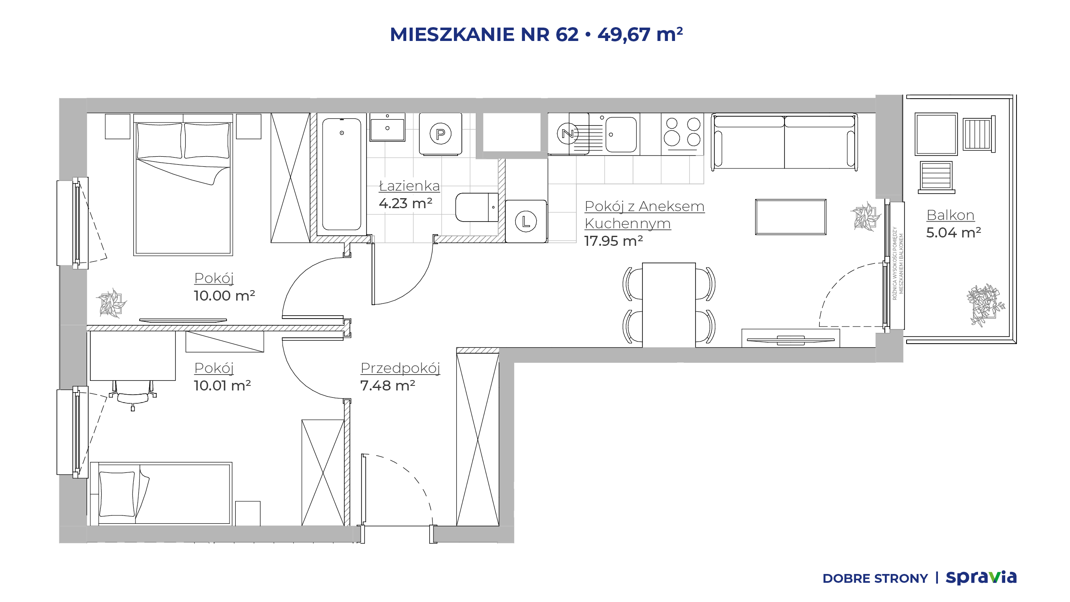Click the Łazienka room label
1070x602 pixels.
pos(409,186)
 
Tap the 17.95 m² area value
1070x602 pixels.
pos(613,241)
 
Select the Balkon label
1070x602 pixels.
pos(950,215)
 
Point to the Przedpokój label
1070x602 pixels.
pos(400,368)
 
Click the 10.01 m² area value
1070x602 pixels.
pos(222,385)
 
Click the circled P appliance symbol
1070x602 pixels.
pos(441,134)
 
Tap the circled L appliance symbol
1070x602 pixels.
pos(526,222)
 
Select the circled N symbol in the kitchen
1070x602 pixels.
pos(568,134)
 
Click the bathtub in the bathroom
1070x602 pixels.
pos(341,174)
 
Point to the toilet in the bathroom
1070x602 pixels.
pos(477,207)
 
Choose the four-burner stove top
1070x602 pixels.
pos(683,134)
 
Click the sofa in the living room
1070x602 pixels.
pos(785,142)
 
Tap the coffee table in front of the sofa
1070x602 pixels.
pos(791,217)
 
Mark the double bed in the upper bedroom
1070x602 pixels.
pos(183,184)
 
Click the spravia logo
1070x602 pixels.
pos(981,577)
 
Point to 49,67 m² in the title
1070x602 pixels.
pos(640,34)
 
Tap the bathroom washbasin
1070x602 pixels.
pos(387,128)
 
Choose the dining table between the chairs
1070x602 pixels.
pos(669,305)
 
